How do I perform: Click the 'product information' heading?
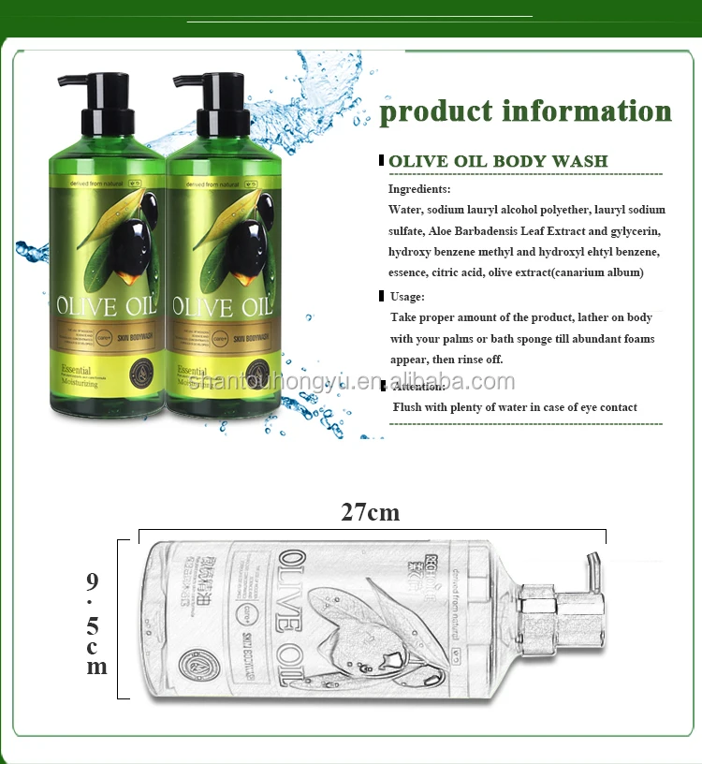[525, 111]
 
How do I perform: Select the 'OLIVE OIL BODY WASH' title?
[498, 161]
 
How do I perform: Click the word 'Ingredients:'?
[419, 189]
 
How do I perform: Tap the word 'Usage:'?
[407, 297]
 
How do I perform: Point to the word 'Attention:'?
[417, 386]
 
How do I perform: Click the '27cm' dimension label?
[370, 512]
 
